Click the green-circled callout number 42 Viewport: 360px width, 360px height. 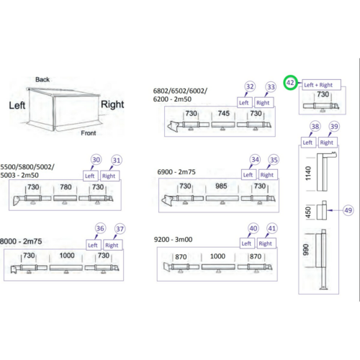[290, 83]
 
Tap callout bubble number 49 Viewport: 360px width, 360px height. [348, 210]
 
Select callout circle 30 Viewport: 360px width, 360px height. [96, 160]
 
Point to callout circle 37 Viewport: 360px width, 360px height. [120, 229]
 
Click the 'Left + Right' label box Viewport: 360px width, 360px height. [321, 85]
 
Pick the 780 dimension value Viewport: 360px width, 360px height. [66, 187]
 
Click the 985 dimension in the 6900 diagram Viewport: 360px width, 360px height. [221, 186]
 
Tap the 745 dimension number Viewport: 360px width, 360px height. [224, 113]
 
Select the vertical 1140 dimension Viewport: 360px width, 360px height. [308, 174]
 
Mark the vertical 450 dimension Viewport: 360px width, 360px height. [308, 212]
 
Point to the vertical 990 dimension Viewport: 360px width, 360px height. [305, 250]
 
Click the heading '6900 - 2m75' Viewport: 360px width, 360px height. [176, 172]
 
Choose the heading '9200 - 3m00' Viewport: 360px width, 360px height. [173, 240]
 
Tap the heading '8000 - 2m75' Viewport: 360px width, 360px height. [21, 241]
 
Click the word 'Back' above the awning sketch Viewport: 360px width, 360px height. [42, 79]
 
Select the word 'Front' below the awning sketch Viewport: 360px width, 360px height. [89, 133]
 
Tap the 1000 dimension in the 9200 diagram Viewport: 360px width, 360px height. [217, 256]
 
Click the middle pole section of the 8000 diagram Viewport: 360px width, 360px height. [66, 268]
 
